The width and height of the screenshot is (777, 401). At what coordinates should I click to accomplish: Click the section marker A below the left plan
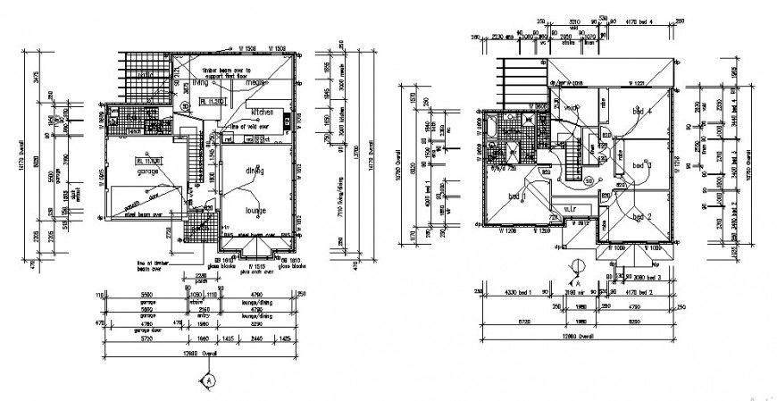209,379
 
